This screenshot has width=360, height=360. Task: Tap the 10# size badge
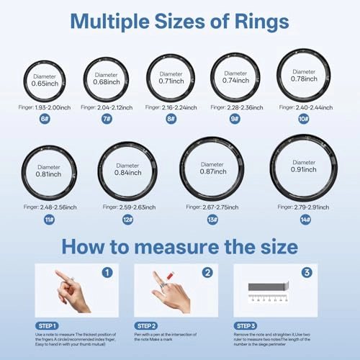(x=304, y=119)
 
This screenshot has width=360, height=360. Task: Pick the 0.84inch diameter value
(x=127, y=173)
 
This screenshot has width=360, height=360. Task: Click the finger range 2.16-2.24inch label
(x=171, y=107)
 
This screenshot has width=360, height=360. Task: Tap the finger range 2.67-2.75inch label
(x=212, y=207)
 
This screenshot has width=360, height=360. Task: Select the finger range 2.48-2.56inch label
(x=49, y=207)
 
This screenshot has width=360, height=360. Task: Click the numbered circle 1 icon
(x=107, y=273)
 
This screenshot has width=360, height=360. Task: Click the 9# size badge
(x=235, y=119)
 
